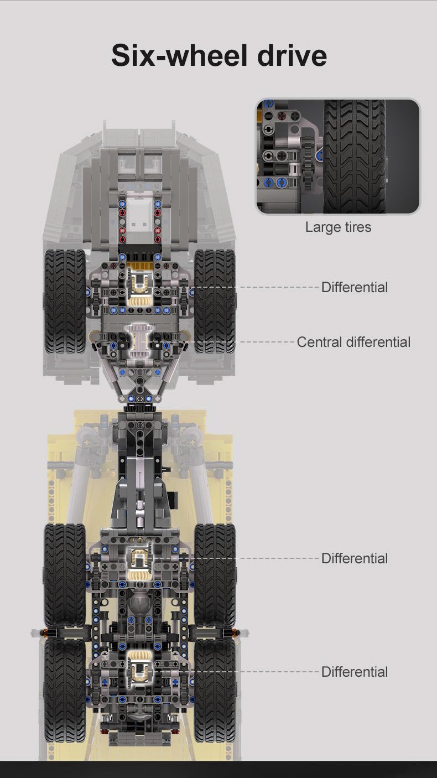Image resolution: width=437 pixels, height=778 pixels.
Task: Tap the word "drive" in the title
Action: tap(292, 55)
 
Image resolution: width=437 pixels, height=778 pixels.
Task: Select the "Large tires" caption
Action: tap(338, 227)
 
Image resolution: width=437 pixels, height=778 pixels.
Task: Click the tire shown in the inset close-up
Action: tap(355, 156)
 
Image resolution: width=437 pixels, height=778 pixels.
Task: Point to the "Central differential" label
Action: tap(353, 342)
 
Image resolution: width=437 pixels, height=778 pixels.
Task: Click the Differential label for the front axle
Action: tap(355, 287)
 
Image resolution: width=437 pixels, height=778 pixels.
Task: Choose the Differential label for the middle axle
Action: tap(355, 558)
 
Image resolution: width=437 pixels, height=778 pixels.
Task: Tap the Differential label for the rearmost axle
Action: tap(355, 672)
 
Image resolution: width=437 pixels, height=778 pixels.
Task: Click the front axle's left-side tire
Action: tap(65, 301)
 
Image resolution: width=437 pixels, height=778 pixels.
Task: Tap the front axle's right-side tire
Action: tap(215, 301)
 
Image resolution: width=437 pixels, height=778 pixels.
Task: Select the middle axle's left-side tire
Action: tap(65, 575)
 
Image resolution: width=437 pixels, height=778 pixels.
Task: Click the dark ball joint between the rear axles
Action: tap(139, 604)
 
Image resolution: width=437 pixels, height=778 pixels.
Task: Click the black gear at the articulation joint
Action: tap(139, 407)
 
